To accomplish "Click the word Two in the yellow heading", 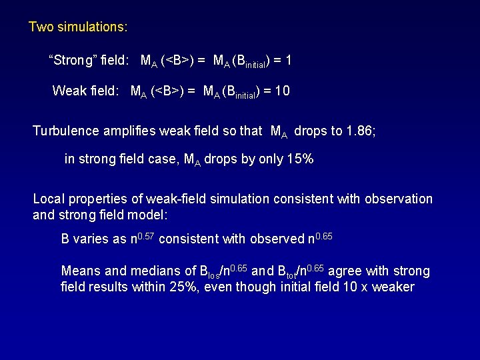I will coord(40,28).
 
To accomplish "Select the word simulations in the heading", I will coord(91,28).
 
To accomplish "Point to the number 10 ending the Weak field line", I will coord(282,91).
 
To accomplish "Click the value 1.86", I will coord(360,131).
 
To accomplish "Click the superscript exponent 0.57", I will coord(149,235).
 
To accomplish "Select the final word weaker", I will coord(393,287).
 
